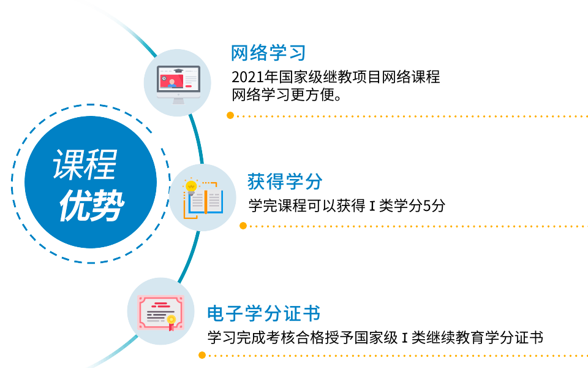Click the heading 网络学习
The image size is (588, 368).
click(x=268, y=53)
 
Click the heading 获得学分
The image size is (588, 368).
click(x=284, y=182)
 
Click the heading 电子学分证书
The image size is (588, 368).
click(x=263, y=313)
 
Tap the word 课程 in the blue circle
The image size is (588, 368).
click(x=85, y=165)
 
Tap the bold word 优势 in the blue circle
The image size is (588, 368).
click(x=91, y=206)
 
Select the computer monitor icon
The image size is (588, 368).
click(x=178, y=83)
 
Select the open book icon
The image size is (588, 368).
click(x=204, y=199)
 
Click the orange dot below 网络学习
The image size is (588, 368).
click(x=230, y=115)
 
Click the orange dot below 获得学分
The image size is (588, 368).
click(x=243, y=226)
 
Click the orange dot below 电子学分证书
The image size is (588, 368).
click(x=202, y=355)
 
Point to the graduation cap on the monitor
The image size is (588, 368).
click(x=178, y=71)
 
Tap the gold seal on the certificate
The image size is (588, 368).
click(x=171, y=320)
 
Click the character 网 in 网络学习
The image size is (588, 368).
click(x=239, y=53)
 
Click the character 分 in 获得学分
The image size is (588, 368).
click(x=313, y=182)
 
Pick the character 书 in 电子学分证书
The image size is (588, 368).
click(x=311, y=313)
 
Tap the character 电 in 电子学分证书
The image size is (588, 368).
click(x=216, y=313)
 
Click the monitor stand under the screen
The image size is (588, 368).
click(x=178, y=99)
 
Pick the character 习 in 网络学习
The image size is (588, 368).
click(x=296, y=53)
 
